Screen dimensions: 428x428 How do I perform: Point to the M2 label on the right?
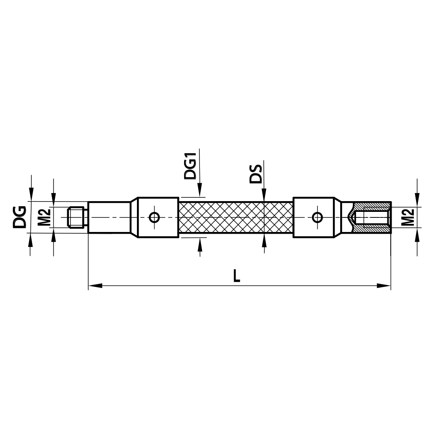tap(409, 217)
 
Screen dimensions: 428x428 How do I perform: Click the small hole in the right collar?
tap(317, 217)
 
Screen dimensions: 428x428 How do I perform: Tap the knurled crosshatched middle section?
tap(235, 217)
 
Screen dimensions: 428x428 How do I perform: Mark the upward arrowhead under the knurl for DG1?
tap(199, 243)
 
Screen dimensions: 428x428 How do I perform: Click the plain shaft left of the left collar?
tap(109, 217)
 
